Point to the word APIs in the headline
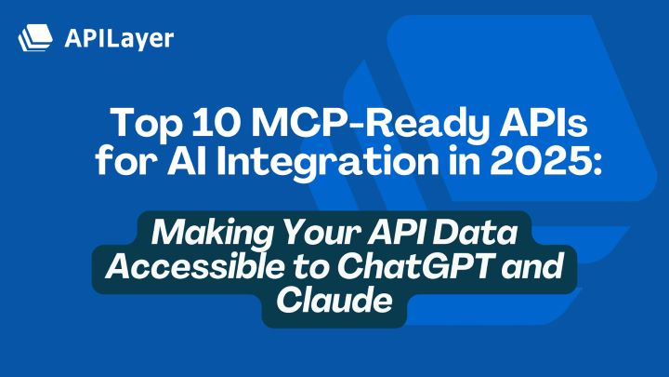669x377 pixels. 526,125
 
